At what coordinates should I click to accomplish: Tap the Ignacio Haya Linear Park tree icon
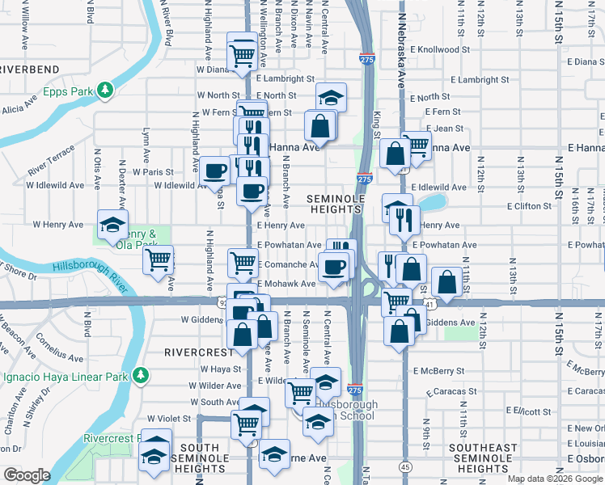pyautogui.click(x=141, y=375)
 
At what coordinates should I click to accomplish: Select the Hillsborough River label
pyautogui.click(x=91, y=268)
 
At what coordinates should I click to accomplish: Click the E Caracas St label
pyautogui.click(x=450, y=391)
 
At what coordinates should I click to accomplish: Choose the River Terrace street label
pyautogui.click(x=50, y=161)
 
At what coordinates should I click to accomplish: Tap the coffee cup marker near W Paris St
pyautogui.click(x=214, y=170)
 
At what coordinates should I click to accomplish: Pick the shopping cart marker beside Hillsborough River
pyautogui.click(x=158, y=259)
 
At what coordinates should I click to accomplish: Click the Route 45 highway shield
pyautogui.click(x=404, y=466)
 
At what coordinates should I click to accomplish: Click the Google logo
pyautogui.click(x=27, y=475)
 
